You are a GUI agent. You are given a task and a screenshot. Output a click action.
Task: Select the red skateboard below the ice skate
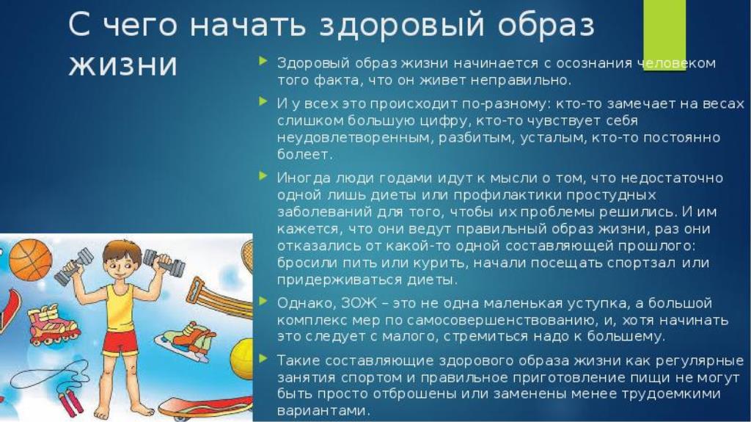pos(205,407)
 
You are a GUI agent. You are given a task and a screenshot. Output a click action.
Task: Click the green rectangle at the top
pos(664,35)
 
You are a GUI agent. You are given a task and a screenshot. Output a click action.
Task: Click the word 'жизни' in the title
pos(122,64)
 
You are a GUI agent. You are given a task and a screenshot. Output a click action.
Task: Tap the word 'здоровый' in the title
pos(402,25)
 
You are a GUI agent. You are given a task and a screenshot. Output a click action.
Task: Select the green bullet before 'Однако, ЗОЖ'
pos(263,301)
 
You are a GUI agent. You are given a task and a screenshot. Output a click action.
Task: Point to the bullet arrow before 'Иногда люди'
pos(263,176)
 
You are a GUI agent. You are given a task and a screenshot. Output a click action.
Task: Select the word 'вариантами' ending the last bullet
pos(323,411)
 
